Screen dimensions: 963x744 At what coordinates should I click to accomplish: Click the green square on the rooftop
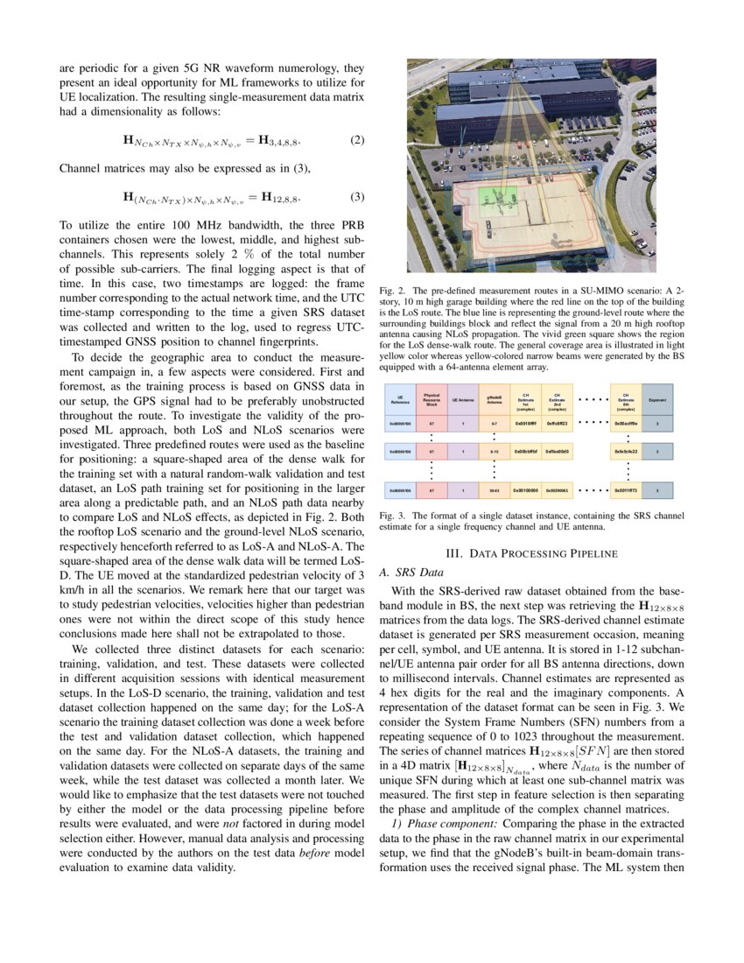tap(499, 197)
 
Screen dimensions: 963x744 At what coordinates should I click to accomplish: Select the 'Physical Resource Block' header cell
tap(432, 399)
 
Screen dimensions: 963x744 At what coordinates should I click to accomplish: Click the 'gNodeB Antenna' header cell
tap(494, 399)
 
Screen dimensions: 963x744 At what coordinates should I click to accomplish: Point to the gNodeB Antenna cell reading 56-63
tap(494, 491)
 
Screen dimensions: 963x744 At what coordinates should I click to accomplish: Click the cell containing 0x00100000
tap(525, 491)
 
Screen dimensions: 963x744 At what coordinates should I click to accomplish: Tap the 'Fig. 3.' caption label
tap(390, 517)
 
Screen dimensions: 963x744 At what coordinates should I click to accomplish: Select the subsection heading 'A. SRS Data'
tap(407, 572)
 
